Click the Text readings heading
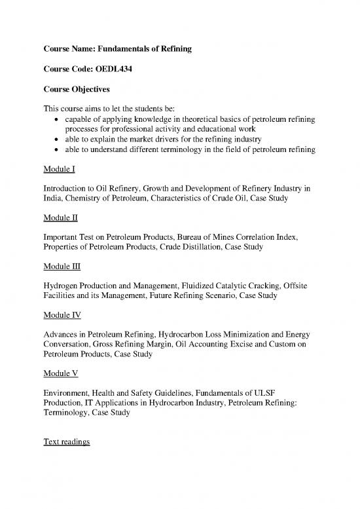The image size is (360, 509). pos(70,442)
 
